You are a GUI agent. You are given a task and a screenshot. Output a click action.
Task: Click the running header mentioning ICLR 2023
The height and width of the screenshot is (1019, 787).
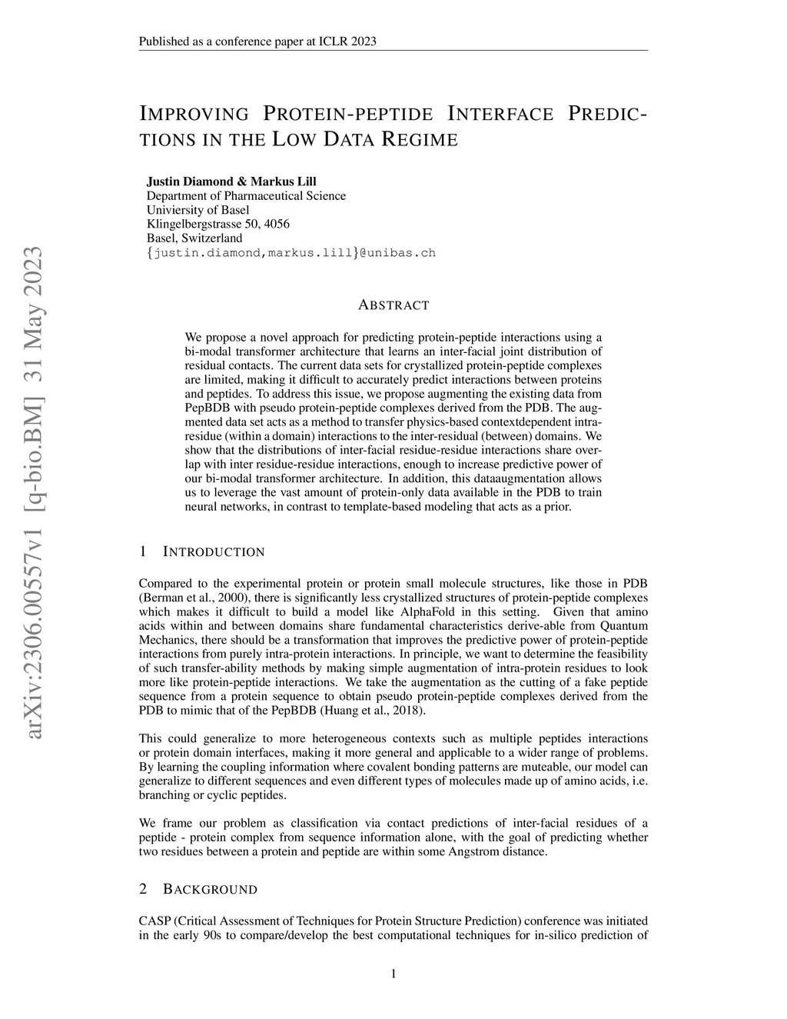coord(257,42)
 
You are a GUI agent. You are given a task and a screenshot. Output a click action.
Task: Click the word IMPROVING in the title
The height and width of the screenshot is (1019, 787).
coord(194,115)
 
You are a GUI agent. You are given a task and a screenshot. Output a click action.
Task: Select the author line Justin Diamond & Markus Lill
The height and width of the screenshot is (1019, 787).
coord(231,181)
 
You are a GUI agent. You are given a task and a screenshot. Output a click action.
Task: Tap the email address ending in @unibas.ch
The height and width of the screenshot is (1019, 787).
coord(291,252)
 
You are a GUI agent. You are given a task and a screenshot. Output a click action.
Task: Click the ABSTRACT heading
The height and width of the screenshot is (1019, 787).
coord(393,305)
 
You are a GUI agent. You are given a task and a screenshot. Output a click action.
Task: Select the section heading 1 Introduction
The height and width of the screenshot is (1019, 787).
coord(202,551)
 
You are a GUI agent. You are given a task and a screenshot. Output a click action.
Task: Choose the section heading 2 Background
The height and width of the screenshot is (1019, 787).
coord(198,889)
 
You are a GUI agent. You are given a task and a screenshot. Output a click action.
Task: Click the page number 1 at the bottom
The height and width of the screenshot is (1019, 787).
coord(393,974)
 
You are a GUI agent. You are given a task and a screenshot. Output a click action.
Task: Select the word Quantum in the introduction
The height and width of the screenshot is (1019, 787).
coord(623,625)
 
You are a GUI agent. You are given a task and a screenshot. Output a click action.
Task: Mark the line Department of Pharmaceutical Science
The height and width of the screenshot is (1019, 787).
coord(246,195)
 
